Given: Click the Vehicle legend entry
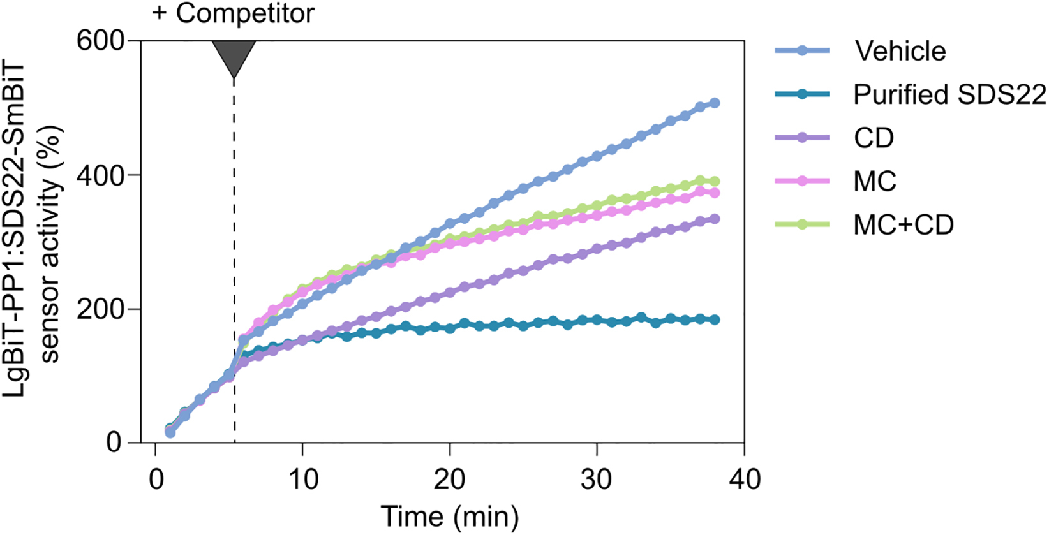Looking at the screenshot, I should [900, 51].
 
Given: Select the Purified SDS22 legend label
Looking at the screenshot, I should [949, 94].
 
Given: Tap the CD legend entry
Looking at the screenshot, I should [874, 138].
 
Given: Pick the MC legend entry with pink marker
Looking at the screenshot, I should [875, 181].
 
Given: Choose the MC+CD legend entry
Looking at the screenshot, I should [904, 224].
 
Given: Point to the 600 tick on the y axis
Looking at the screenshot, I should [100, 41].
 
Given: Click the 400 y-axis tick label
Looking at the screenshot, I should [100, 175].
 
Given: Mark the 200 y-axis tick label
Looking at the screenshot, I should [100, 309].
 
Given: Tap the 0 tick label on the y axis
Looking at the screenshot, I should [115, 442].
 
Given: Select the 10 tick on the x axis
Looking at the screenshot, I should [302, 479].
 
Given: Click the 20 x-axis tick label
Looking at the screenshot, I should [450, 479].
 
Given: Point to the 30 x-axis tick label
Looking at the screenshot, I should [597, 479].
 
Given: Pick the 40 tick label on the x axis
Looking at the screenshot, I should [744, 479].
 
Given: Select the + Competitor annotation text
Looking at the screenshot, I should [233, 13].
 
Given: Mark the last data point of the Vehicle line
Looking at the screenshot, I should [715, 103].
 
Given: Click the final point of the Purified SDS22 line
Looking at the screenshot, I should [715, 319].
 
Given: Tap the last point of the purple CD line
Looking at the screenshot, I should [715, 219].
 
